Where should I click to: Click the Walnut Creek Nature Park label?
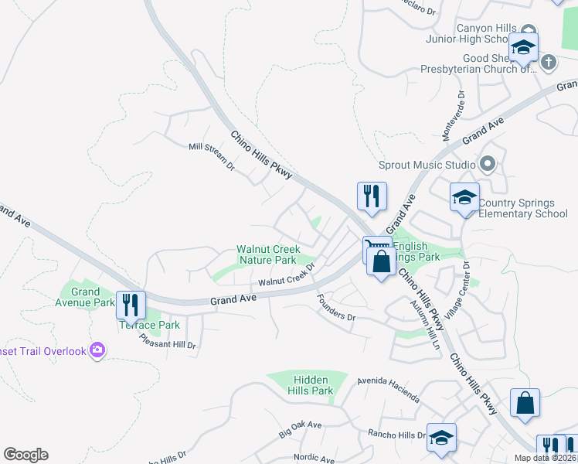click(267, 255)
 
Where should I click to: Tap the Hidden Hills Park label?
click(312, 385)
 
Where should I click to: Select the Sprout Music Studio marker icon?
click(488, 164)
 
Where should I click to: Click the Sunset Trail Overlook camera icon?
click(97, 350)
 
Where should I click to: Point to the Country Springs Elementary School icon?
click(464, 198)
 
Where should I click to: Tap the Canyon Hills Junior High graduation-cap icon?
click(524, 47)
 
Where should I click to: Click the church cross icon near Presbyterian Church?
click(548, 63)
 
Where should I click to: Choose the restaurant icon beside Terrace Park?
click(131, 305)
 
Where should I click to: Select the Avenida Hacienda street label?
click(388, 391)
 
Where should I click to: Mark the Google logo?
click(25, 455)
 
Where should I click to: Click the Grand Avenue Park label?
click(85, 297)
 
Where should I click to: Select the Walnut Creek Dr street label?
click(287, 277)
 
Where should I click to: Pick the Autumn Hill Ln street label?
click(426, 322)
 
